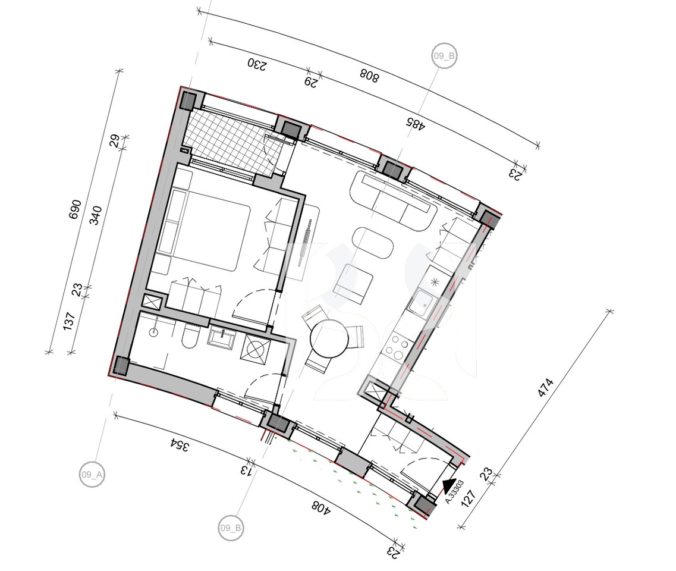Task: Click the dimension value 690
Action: pos(75,209)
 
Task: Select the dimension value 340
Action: pos(96,215)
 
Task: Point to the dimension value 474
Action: pos(545,388)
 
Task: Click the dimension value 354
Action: pos(179,445)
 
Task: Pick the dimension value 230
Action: pos(257,65)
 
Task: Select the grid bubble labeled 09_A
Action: pos(92,475)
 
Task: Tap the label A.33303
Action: pos(454,492)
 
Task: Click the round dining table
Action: pos(329,338)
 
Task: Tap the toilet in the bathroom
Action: pos(189,335)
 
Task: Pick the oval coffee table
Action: pos(373,244)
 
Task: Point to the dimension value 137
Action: pos(70,321)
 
